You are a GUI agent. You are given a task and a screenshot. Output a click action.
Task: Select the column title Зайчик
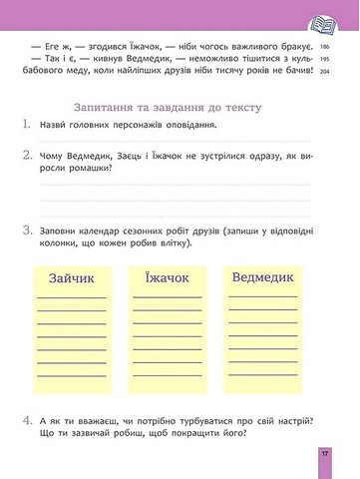tap(71, 280)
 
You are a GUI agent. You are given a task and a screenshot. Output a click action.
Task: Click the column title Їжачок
tap(167, 280)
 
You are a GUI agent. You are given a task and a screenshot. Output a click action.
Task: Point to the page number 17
tap(325, 454)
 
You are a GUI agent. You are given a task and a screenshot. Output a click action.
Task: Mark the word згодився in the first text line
tap(101, 48)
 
